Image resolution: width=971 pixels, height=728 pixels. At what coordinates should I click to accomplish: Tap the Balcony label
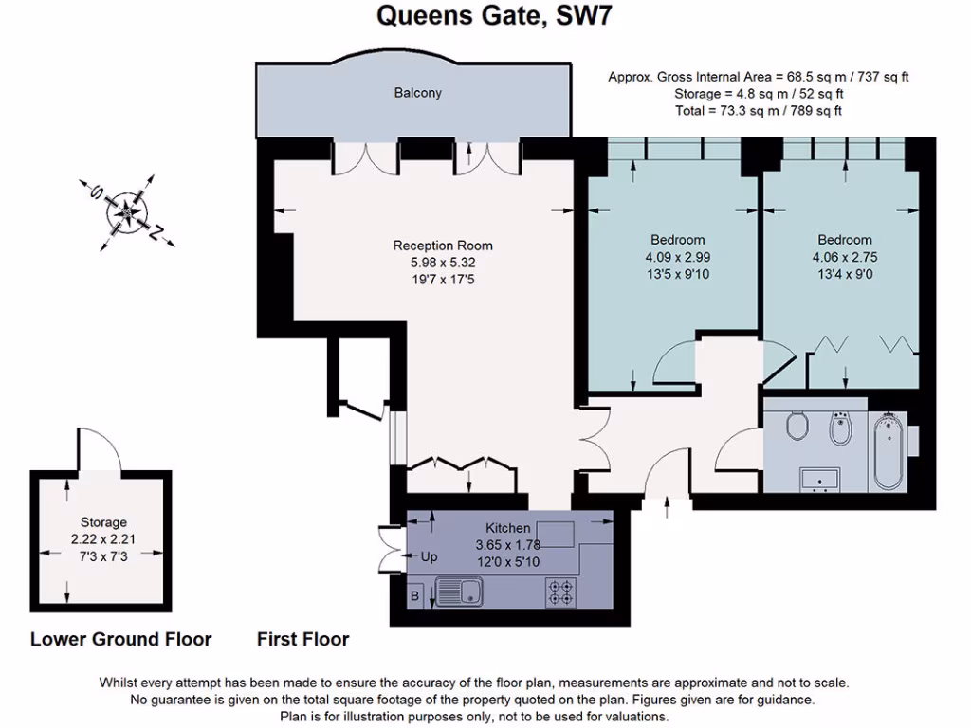[x=418, y=93]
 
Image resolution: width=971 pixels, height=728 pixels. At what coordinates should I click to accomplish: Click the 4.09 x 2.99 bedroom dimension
[x=677, y=256]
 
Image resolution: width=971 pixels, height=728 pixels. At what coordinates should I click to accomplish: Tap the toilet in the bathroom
[x=797, y=426]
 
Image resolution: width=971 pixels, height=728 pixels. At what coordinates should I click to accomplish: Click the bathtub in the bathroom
[x=889, y=451]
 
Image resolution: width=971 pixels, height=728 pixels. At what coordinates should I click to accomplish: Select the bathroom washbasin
[x=818, y=479]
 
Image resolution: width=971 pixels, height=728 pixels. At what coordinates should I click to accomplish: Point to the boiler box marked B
[x=416, y=595]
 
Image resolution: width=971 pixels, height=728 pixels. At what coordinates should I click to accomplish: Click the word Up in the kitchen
[x=429, y=557]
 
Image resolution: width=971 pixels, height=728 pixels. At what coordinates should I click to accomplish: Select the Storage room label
[x=102, y=522]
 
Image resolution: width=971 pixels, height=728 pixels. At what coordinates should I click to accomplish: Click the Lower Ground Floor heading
[x=120, y=639]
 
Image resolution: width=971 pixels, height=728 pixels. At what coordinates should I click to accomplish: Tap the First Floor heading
[x=302, y=639]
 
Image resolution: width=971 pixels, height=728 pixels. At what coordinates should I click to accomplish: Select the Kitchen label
[x=507, y=528]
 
